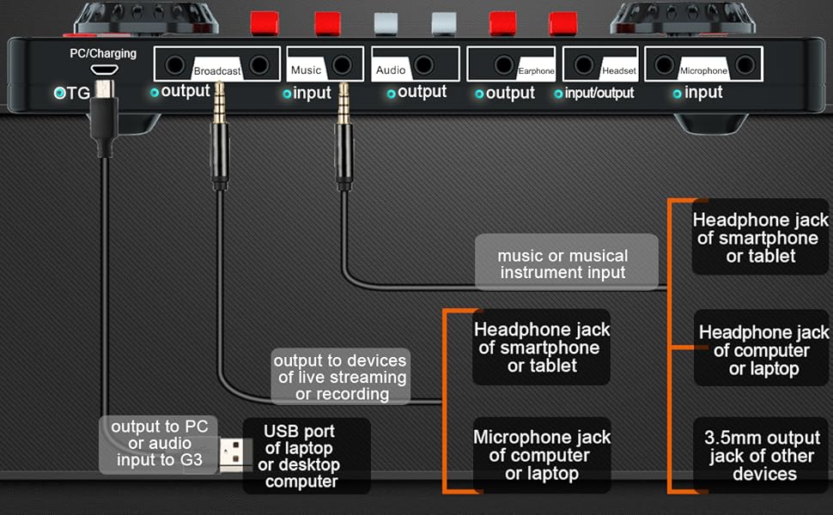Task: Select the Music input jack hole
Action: tap(342, 64)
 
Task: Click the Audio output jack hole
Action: tap(423, 64)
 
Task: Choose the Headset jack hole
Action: tap(584, 64)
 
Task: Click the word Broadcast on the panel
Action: tap(216, 71)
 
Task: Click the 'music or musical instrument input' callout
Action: tap(562, 264)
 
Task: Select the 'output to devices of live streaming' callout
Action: tap(340, 376)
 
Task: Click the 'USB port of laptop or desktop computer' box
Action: tap(302, 456)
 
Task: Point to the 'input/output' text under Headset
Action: tap(599, 93)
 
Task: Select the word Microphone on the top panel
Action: tap(702, 71)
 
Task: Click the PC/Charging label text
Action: tap(103, 53)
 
